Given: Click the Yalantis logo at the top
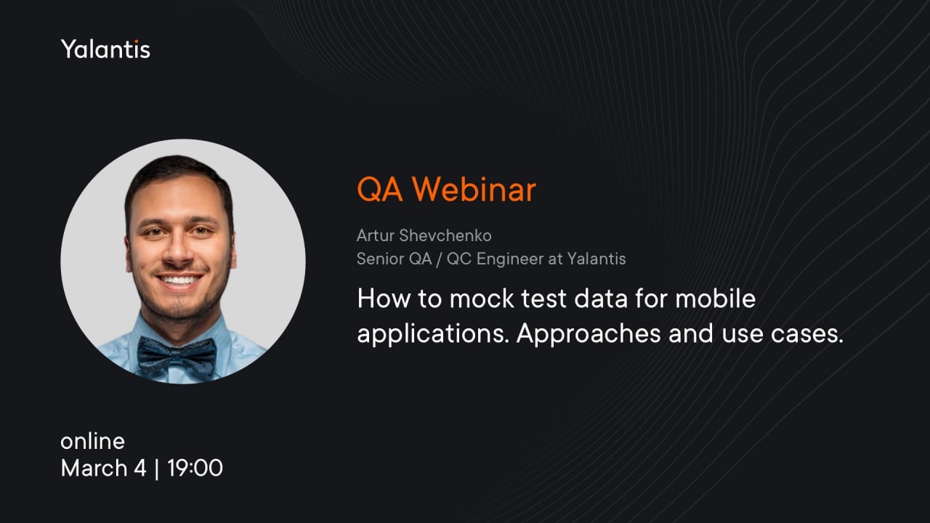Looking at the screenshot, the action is pyautogui.click(x=105, y=49).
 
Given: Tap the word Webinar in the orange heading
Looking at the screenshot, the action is pyautogui.click(x=474, y=190).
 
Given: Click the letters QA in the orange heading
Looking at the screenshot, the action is pyautogui.click(x=379, y=190).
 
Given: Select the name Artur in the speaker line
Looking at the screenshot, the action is pyautogui.click(x=376, y=236).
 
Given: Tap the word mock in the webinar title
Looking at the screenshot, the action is pyautogui.click(x=482, y=299).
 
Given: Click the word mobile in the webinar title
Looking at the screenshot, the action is pyautogui.click(x=716, y=299).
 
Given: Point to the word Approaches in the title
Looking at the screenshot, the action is pyautogui.click(x=589, y=333).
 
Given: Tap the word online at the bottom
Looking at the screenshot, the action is pyautogui.click(x=92, y=441).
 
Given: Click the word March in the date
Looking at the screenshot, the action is pyautogui.click(x=94, y=469).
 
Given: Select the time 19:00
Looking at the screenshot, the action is pyautogui.click(x=195, y=469).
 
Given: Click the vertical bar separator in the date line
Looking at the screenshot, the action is pyautogui.click(x=156, y=469).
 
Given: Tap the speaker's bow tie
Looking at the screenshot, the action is pyautogui.click(x=177, y=355).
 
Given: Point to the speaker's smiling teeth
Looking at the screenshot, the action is pyautogui.click(x=179, y=280).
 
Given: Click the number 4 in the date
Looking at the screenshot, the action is pyautogui.click(x=140, y=469).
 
